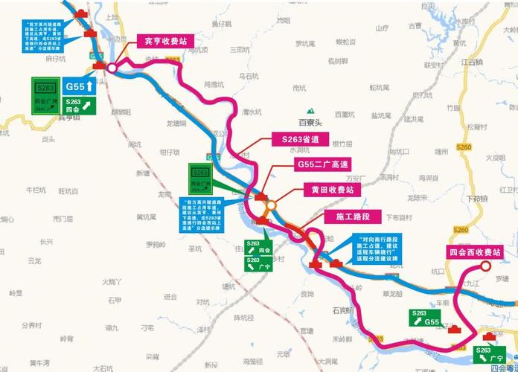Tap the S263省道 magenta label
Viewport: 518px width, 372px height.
[x=300, y=139]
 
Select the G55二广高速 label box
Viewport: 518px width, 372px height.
[x=323, y=164]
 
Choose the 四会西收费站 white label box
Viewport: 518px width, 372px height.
[x=483, y=251]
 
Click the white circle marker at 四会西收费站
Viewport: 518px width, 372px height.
[x=485, y=266]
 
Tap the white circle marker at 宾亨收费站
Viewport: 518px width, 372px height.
[x=112, y=67]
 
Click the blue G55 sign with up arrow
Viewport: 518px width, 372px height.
[x=78, y=86]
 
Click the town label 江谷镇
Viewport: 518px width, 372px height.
[x=472, y=62]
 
